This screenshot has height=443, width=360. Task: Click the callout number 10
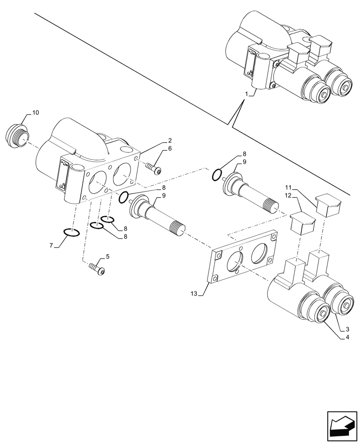coord(35,113)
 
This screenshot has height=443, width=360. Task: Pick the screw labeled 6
coord(153,168)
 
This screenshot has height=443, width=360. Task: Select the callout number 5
coord(106,256)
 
